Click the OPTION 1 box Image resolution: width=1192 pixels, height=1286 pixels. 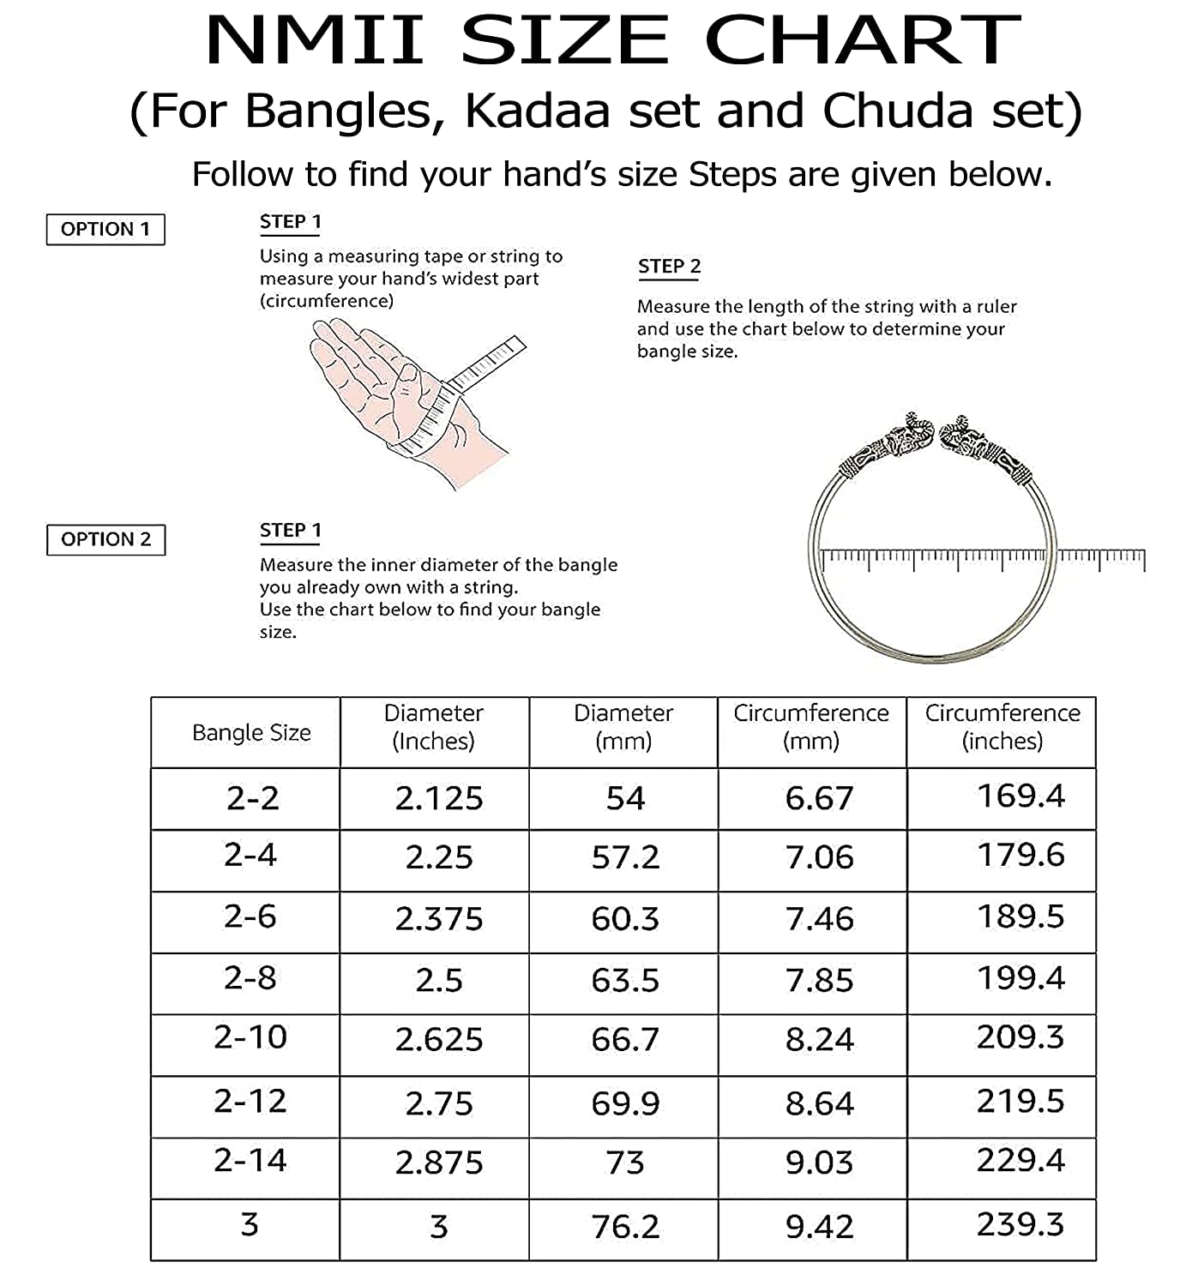[105, 229]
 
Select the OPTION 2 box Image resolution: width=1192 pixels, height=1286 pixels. [105, 539]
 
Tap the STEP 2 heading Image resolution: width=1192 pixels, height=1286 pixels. [669, 267]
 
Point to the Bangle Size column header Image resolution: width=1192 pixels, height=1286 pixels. [251, 733]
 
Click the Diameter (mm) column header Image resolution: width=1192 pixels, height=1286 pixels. [623, 727]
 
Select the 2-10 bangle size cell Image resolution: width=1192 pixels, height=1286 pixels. [250, 1037]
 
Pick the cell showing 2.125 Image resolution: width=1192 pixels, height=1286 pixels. [439, 799]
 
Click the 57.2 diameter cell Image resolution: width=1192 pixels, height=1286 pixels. [625, 857]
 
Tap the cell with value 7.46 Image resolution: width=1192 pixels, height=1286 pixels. [820, 919]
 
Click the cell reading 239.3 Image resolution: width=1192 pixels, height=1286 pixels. [1020, 1224]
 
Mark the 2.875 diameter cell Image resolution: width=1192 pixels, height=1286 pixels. [439, 1163]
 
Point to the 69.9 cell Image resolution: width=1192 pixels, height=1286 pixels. [625, 1103]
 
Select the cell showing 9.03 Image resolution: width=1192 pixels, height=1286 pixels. [820, 1163]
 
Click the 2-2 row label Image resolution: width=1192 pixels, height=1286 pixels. [253, 799]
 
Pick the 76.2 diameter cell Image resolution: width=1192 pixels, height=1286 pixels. [625, 1227]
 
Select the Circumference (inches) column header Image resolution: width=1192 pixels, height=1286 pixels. [1002, 727]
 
